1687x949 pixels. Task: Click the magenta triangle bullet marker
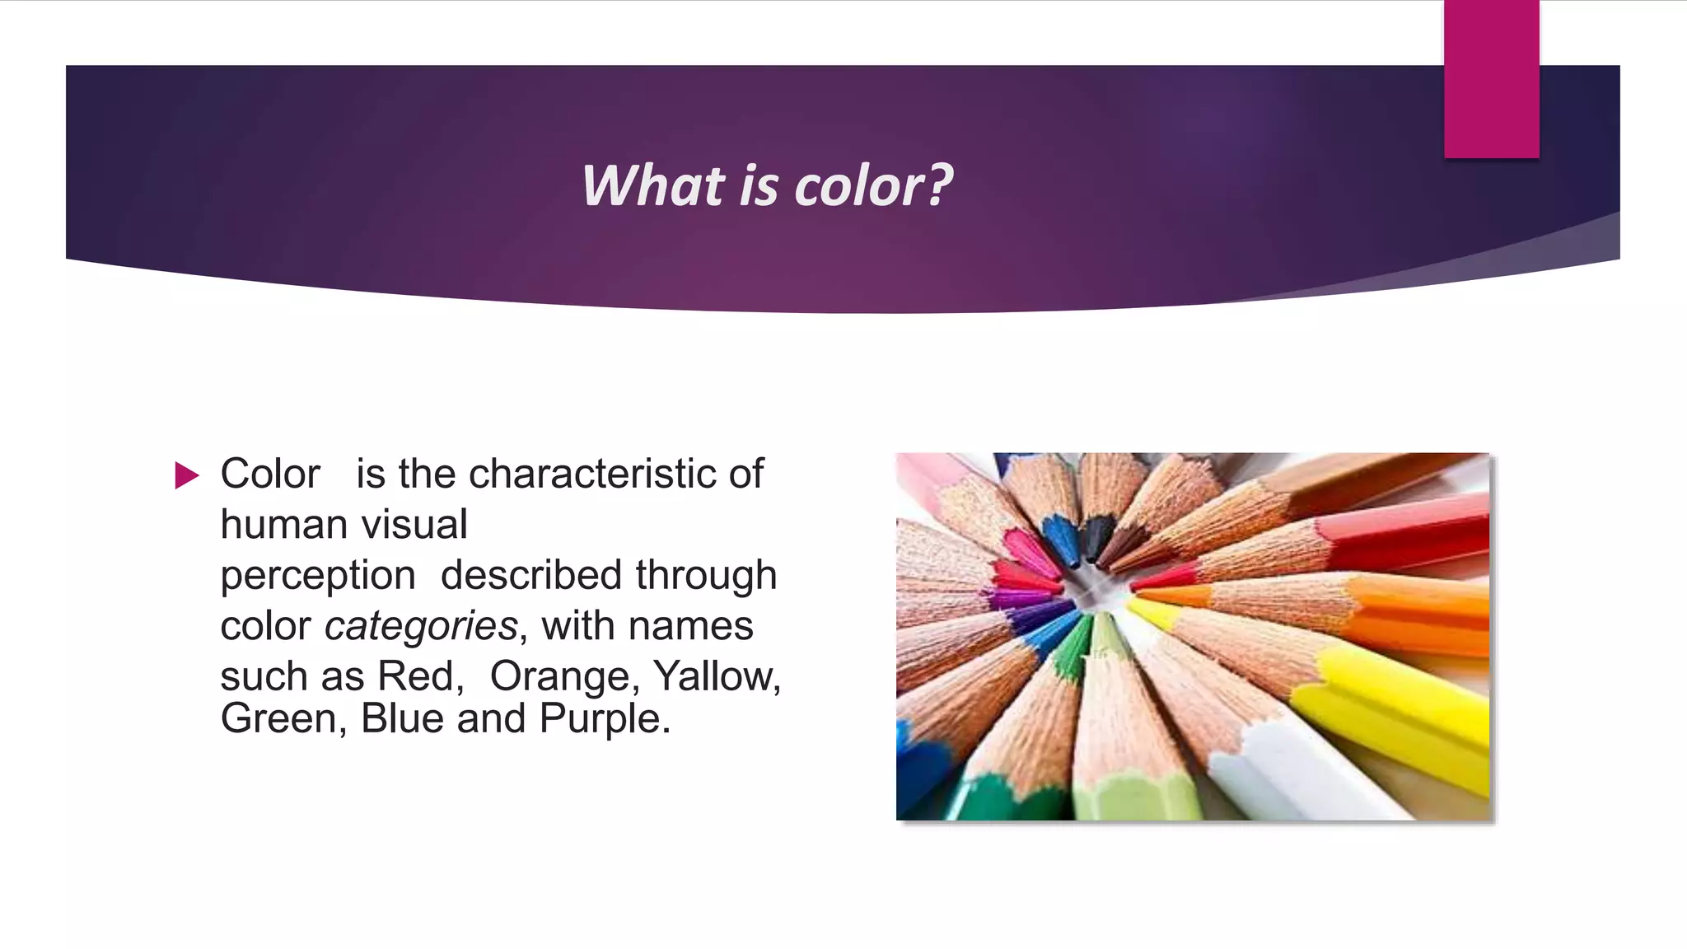click(x=187, y=475)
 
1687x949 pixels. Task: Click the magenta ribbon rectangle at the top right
click(x=1491, y=78)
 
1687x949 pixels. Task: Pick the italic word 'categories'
click(x=421, y=626)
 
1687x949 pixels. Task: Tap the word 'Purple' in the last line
click(x=605, y=718)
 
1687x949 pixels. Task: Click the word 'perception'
click(x=318, y=576)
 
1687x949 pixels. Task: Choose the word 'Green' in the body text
click(x=278, y=718)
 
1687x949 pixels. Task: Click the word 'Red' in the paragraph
click(x=415, y=676)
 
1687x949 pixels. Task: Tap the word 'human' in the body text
click(x=273, y=525)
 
